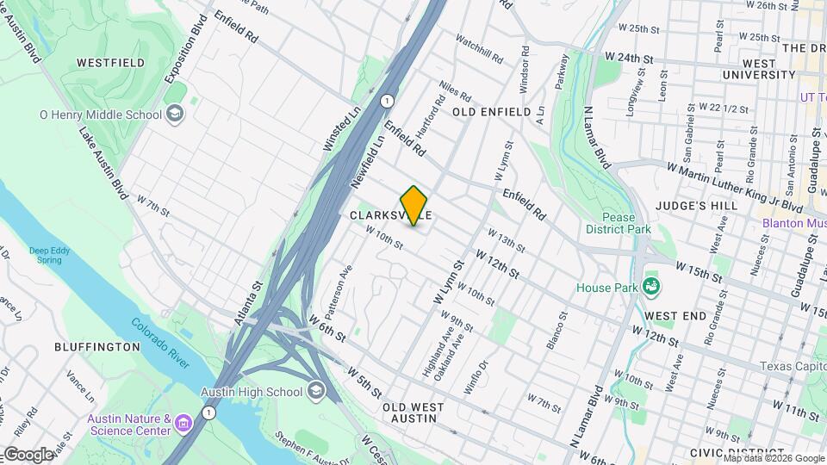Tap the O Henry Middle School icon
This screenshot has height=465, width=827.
coord(175,114)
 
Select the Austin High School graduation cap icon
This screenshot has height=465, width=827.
coord(317,392)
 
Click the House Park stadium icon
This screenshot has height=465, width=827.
coord(652,287)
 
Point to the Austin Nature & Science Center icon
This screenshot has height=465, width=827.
coord(183,424)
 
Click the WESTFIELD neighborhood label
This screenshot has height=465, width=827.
coord(109,63)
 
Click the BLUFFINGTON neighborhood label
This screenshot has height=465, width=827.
coord(96,346)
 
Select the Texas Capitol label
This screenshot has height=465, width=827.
coord(793,366)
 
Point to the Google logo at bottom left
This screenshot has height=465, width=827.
coord(28,455)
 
